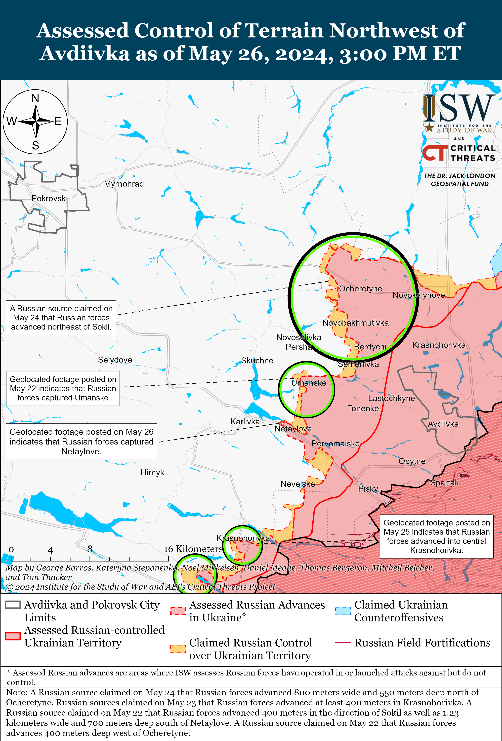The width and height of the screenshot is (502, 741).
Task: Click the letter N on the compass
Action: pyautogui.click(x=35, y=99)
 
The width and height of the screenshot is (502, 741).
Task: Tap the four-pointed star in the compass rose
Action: pyautogui.click(x=36, y=121)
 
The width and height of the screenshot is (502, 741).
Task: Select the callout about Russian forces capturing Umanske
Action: pyautogui.click(x=63, y=388)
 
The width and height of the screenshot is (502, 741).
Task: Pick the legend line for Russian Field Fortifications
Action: pyautogui.click(x=343, y=642)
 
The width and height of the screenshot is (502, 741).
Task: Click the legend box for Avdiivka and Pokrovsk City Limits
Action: pyautogui.click(x=13, y=605)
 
